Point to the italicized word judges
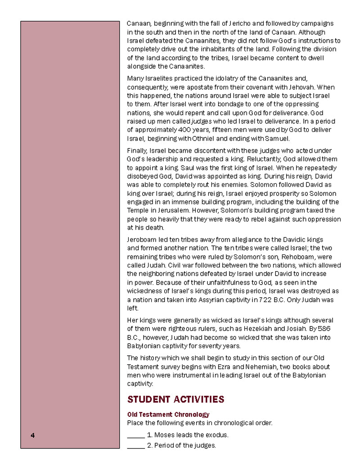[201, 122]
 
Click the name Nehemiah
[233, 367]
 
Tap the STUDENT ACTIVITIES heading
[175, 399]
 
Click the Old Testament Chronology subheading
[168, 414]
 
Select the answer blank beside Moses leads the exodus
[135, 435]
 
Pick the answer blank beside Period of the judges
[135, 446]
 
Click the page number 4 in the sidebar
[33, 435]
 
